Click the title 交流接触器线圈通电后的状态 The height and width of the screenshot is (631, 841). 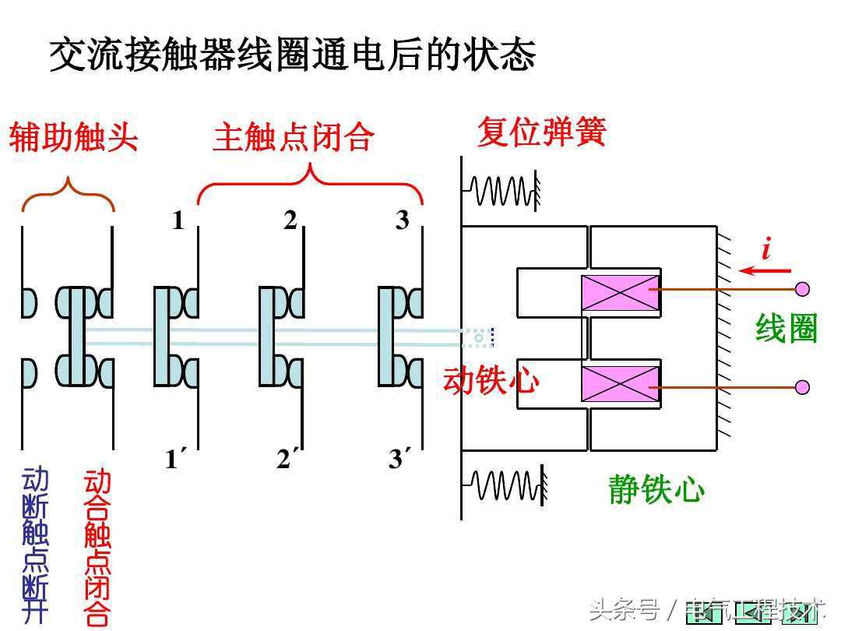293,56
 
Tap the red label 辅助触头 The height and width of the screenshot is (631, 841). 73,138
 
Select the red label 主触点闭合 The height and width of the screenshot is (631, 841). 294,138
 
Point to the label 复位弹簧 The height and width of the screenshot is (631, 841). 541,132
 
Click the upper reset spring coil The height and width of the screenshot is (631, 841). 503,189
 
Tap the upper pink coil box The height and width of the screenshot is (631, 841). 621,295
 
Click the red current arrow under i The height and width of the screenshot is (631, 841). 765,271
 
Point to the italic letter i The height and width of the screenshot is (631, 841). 766,249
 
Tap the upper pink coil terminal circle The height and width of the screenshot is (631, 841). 803,290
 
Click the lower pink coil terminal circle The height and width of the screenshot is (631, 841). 803,387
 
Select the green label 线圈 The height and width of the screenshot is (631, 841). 786,330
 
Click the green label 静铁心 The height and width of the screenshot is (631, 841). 656,490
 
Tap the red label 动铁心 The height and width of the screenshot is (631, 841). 491,381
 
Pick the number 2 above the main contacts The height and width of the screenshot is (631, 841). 290,221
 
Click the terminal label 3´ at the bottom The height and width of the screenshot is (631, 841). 399,460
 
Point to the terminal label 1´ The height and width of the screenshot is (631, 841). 176,460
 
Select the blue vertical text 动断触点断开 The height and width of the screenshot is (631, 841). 35,545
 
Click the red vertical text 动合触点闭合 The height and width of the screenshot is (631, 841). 97,546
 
